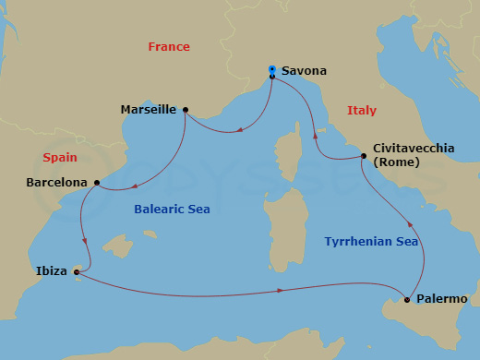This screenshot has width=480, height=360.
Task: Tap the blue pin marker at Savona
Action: pyautogui.click(x=271, y=68)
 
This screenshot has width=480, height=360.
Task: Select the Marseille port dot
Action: pyautogui.click(x=186, y=110)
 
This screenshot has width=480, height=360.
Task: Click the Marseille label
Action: pyautogui.click(x=149, y=110)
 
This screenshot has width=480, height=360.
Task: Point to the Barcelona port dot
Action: pyautogui.click(x=97, y=183)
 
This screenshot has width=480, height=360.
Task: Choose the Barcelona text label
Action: pyautogui.click(x=57, y=183)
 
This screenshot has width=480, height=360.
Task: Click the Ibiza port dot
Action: pyautogui.click(x=77, y=271)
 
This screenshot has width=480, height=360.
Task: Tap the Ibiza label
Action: pyautogui.click(x=51, y=272)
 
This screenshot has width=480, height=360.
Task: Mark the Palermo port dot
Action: pyautogui.click(x=407, y=299)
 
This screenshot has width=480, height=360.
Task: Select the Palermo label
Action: pyautogui.click(x=442, y=299)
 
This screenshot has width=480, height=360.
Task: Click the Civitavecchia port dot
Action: pyautogui.click(x=364, y=156)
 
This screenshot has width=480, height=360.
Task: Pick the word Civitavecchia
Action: pyautogui.click(x=414, y=148)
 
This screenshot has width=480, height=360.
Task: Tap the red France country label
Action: pyautogui.click(x=169, y=46)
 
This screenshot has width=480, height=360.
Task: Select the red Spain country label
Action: pyautogui.click(x=59, y=158)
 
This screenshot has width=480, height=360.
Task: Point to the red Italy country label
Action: pyautogui.click(x=361, y=110)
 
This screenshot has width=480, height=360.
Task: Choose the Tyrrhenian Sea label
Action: pyautogui.click(x=371, y=242)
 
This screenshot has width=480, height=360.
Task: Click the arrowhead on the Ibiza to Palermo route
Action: pyautogui.click(x=281, y=292)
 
